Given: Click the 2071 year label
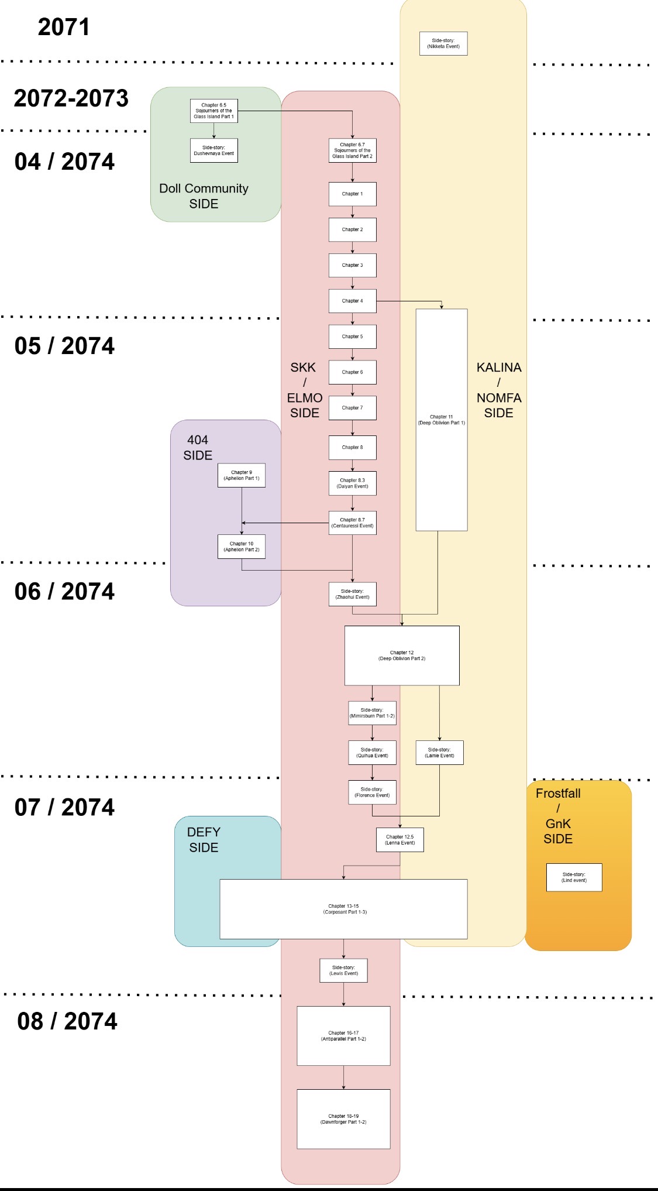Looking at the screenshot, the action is click(64, 28).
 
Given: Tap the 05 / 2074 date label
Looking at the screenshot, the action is click(64, 346).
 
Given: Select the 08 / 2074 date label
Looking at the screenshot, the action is click(67, 1021).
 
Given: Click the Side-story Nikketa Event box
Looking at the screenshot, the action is click(443, 43).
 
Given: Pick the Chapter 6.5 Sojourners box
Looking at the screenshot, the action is click(214, 111).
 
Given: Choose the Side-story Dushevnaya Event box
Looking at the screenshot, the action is click(214, 150).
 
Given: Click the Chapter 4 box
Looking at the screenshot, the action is click(352, 301).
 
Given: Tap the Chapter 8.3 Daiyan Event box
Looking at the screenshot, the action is click(352, 483).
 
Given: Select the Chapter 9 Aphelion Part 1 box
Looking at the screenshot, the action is click(242, 475).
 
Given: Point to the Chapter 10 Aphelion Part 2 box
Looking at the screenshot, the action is click(242, 547).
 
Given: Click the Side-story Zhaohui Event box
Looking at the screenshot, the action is click(352, 594).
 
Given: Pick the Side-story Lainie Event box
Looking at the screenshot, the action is click(439, 753).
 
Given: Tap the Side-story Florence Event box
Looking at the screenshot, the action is click(372, 792).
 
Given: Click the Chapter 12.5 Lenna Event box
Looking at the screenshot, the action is click(400, 840).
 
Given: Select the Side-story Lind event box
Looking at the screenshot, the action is click(574, 877).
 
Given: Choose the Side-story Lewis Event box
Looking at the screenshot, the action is click(343, 970).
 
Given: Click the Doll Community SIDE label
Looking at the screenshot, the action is click(204, 196).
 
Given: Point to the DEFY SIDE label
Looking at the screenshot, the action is click(204, 840).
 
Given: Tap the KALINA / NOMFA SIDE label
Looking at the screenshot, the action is click(499, 390).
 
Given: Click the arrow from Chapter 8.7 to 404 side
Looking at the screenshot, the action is click(285, 523).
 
